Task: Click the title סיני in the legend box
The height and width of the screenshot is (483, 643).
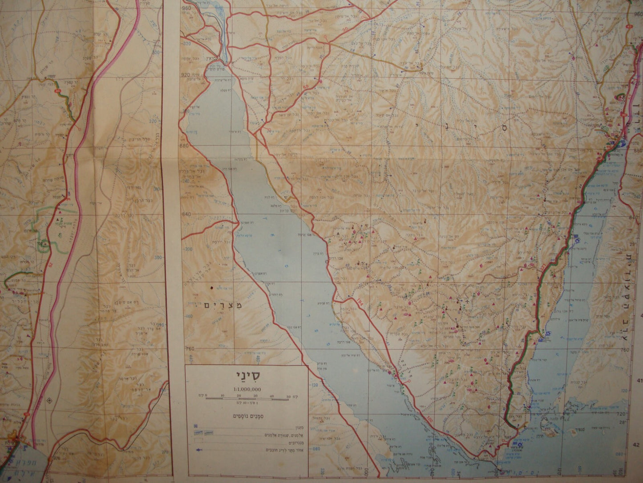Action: [247, 376]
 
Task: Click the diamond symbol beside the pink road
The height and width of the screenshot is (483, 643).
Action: [49, 399]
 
